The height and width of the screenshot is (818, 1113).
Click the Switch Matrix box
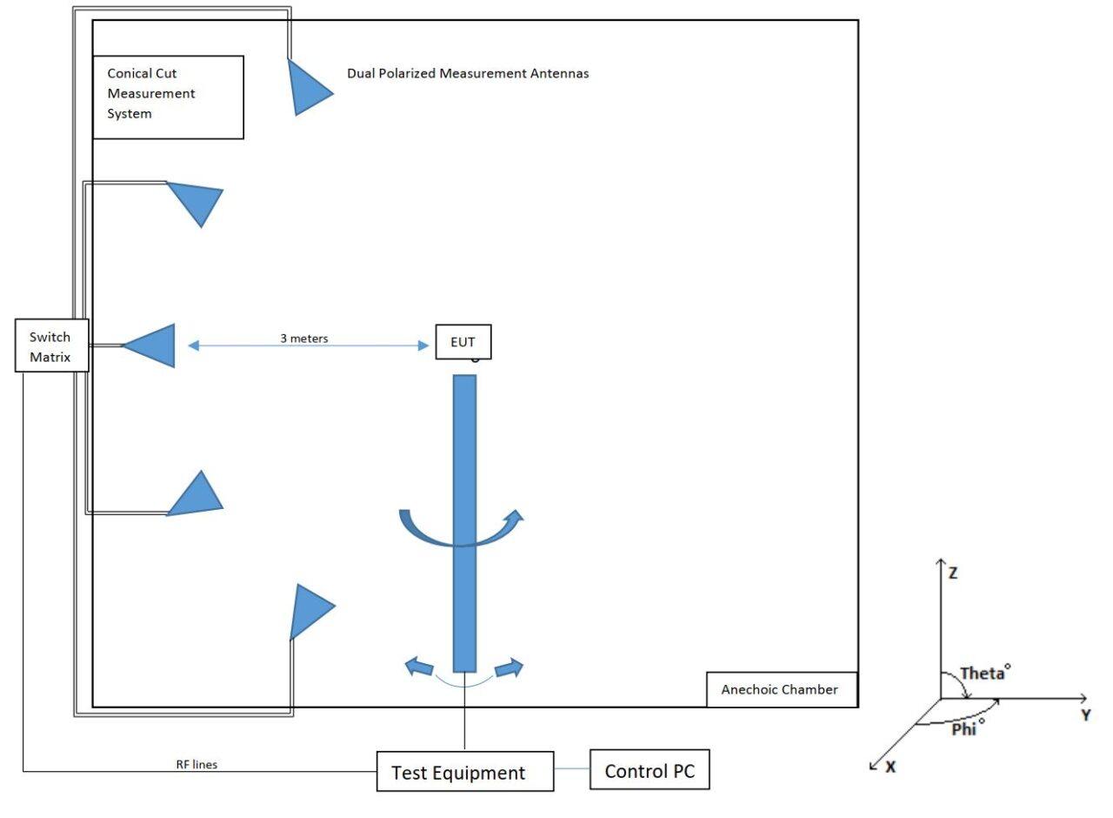point(51,346)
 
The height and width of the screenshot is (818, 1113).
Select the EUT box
point(463,342)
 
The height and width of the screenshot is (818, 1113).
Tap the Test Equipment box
point(464,772)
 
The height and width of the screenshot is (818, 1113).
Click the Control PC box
point(649,770)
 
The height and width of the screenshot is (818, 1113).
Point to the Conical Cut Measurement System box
point(168,97)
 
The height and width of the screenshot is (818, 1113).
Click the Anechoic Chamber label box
point(781,689)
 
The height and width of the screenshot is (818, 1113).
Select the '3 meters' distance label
point(303,339)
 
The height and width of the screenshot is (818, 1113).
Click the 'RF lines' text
point(197,765)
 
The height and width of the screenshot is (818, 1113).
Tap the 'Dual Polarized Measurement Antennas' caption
point(468,74)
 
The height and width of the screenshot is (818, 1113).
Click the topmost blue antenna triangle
point(306,87)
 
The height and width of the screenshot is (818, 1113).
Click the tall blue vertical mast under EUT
point(464,522)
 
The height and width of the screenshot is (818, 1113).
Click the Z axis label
point(953,573)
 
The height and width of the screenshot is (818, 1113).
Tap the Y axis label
point(1085,714)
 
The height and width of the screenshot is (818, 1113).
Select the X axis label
point(890,768)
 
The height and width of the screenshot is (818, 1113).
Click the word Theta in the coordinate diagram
point(980,674)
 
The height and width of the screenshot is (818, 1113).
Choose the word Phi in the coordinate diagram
point(964,729)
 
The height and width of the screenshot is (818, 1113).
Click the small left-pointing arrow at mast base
point(420,667)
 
